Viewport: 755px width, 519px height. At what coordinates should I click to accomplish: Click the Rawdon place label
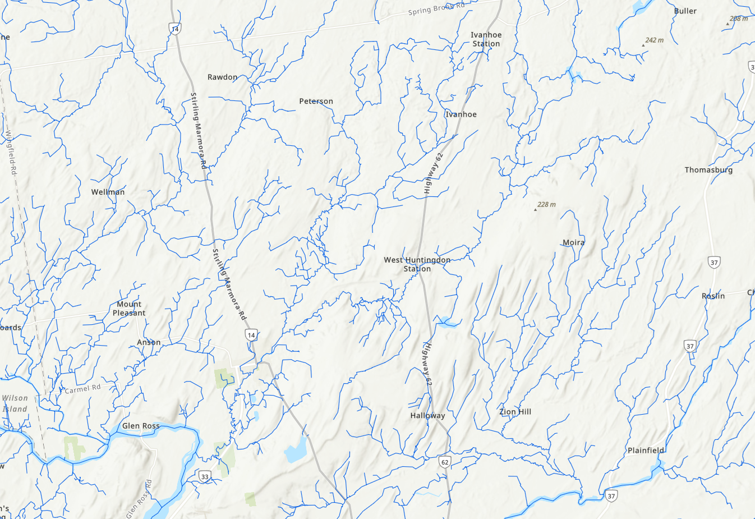[x=222, y=77]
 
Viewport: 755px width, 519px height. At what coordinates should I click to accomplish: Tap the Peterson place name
[x=316, y=102]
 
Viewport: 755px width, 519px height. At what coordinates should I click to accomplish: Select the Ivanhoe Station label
[x=486, y=39]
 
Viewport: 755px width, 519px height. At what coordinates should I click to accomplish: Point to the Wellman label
[x=108, y=192]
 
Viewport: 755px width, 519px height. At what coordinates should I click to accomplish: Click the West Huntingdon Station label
[x=417, y=264]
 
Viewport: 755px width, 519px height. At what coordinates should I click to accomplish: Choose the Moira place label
[x=573, y=242]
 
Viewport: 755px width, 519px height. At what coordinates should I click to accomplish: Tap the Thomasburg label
[x=708, y=170]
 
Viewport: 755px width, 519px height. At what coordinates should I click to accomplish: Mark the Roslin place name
[x=713, y=296]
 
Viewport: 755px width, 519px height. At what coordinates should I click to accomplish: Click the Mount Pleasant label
[x=129, y=309]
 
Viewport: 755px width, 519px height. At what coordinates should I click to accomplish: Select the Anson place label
[x=149, y=342]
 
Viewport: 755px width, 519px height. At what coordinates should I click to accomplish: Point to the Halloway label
[x=427, y=416]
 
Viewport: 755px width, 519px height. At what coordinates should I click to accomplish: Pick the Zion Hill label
[x=515, y=412]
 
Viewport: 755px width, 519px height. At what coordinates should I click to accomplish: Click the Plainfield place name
[x=646, y=451]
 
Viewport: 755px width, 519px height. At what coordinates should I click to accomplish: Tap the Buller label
[x=685, y=11]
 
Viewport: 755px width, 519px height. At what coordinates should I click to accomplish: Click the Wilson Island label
[x=15, y=403]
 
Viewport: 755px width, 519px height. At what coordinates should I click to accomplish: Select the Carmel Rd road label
[x=82, y=388]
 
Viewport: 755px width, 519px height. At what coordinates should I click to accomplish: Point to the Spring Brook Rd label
[x=436, y=9]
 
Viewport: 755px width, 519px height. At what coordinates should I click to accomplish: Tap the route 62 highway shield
[x=445, y=462]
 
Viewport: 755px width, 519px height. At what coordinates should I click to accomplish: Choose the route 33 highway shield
[x=205, y=477]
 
